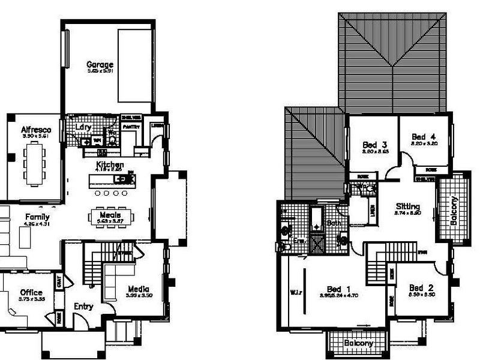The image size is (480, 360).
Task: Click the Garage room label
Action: point(100,64)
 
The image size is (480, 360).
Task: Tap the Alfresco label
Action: point(36,130)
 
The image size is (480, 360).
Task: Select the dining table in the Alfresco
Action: point(34,161)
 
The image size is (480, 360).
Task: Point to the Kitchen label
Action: point(110,164)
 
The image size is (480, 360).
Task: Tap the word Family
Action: point(37,217)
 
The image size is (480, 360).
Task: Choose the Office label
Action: point(31,293)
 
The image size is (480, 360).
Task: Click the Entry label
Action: point(83,307)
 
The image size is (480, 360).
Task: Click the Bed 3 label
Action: point(374,145)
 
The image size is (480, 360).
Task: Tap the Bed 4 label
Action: point(425,137)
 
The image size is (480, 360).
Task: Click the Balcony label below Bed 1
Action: point(359,343)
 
